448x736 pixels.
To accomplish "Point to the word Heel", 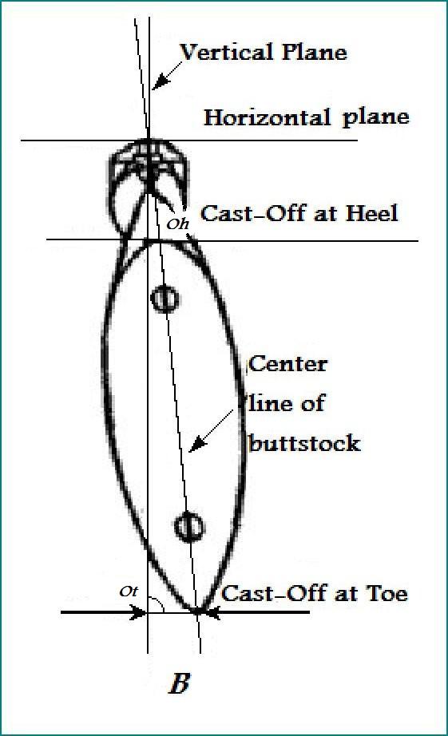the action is [371, 214].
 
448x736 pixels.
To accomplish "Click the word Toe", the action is [387, 594].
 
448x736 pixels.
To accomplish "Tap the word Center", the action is [288, 365].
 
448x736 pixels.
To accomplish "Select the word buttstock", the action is [304, 443].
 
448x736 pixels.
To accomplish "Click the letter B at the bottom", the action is [180, 683].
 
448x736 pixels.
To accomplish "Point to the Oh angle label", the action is [177, 224].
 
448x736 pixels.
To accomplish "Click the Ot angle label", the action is [129, 592].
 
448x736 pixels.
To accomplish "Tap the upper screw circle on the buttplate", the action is [165, 299].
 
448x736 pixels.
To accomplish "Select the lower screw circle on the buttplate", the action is [189, 527].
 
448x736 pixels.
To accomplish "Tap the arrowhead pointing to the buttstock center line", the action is [199, 443].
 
